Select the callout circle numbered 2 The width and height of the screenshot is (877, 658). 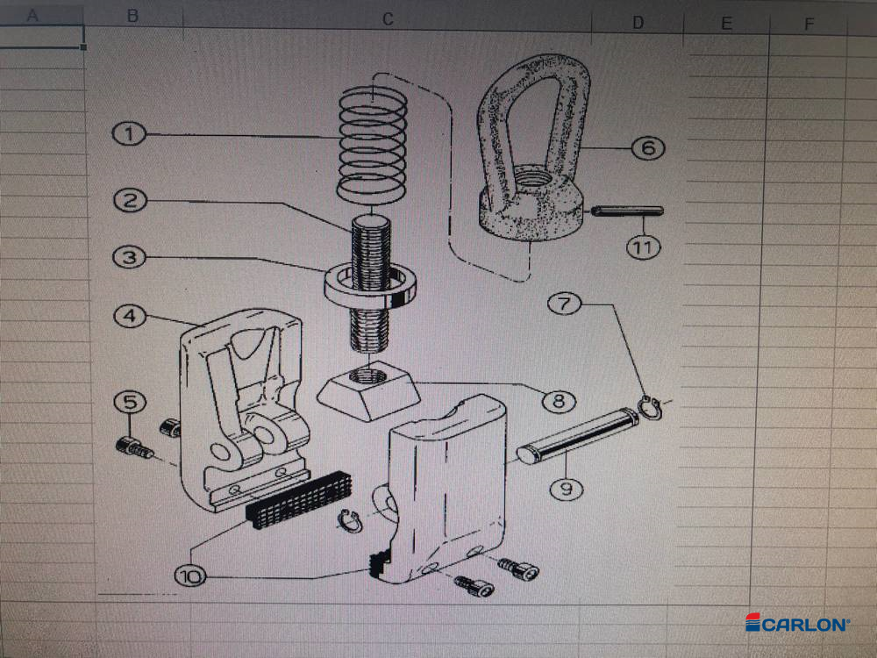point(130,200)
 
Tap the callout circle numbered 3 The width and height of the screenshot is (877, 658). point(130,258)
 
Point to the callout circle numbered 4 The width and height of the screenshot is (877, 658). point(130,316)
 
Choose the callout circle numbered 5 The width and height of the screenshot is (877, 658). point(130,403)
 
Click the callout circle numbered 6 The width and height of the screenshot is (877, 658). point(648,147)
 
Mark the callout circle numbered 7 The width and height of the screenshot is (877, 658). point(565,304)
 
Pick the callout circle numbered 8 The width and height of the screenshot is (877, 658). point(559,403)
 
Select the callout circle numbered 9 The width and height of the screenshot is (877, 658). point(566,487)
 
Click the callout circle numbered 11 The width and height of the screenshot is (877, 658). point(644,247)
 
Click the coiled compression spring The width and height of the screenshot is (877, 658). point(373,140)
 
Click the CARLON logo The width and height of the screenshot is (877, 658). point(798,624)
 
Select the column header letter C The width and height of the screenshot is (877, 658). point(388,18)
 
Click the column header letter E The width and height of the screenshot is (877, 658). point(726,23)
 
